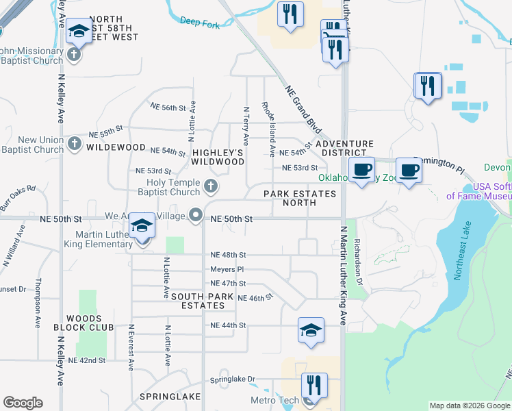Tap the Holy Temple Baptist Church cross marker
point(212,185)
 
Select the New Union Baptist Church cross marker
point(75,145)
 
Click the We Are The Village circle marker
point(196,215)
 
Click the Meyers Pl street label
point(227,269)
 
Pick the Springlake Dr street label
point(232,379)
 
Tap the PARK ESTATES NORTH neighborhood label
point(300,199)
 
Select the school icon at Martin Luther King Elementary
point(142,225)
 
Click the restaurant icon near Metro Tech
point(314,385)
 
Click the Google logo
point(23,403)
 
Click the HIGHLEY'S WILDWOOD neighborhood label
point(218,157)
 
